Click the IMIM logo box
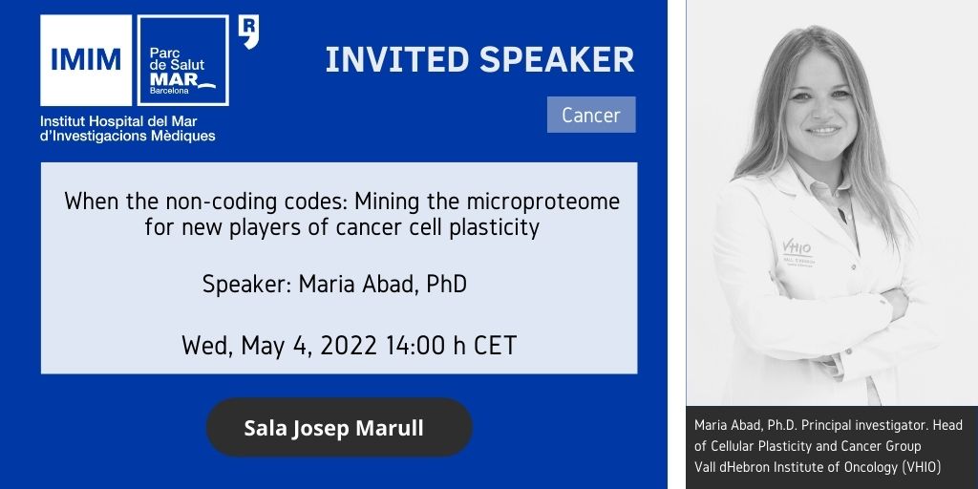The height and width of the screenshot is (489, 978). (x=86, y=60)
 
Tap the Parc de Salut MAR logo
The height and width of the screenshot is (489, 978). (x=182, y=60)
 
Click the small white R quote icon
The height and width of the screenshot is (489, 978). (x=249, y=32)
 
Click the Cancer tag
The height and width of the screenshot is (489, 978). (x=591, y=115)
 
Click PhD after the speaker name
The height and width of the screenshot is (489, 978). (x=447, y=285)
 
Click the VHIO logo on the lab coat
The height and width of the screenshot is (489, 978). (x=797, y=249)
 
